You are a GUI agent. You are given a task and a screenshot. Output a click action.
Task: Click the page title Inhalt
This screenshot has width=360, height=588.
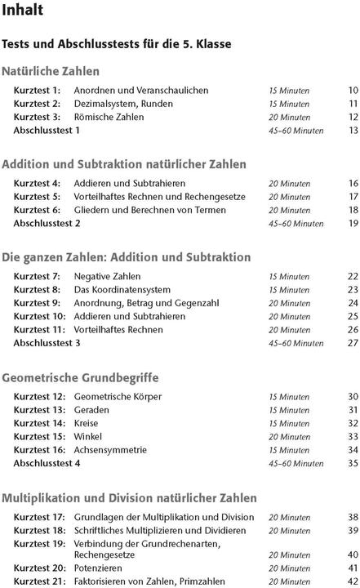point(23,11)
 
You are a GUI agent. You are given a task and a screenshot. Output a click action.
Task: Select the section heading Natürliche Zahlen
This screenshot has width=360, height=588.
point(51,71)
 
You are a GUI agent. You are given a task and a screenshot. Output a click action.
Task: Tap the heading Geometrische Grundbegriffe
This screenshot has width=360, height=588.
point(80,378)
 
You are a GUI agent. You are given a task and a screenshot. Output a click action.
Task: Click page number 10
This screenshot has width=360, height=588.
point(353,91)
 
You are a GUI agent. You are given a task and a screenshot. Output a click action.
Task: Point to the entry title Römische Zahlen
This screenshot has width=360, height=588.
point(109,117)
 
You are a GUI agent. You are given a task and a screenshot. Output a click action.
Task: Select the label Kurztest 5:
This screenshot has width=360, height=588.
point(37,197)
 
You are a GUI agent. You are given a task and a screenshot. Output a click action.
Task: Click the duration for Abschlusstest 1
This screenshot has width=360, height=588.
point(296,131)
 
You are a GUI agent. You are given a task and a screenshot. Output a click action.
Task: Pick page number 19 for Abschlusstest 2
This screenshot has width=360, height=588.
point(353,223)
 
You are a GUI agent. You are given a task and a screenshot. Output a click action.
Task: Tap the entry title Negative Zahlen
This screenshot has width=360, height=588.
point(107,276)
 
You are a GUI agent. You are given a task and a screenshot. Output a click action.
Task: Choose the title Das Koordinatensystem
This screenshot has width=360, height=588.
point(122,290)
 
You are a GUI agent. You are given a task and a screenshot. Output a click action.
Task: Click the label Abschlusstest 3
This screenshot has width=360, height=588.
point(47,343)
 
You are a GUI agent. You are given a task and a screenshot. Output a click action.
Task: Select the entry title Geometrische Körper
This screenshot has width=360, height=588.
point(118,397)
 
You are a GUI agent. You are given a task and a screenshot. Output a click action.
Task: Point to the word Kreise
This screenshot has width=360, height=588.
point(87,423)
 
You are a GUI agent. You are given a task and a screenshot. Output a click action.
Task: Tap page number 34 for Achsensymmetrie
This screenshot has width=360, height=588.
point(353,450)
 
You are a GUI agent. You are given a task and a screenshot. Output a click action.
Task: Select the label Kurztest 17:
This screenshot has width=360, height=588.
point(39,517)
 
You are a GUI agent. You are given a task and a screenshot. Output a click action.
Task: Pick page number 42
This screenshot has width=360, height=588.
point(353,581)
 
